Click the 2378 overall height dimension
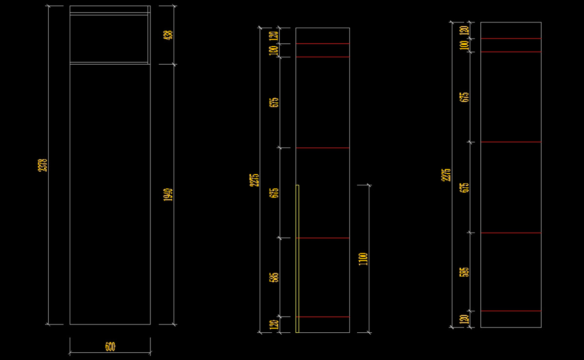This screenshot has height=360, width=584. click(43, 164)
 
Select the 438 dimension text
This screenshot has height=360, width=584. click(168, 35)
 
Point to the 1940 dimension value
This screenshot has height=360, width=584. click(168, 195)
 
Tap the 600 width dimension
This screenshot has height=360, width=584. click(110, 346)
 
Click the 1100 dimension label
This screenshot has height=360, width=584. click(363, 259)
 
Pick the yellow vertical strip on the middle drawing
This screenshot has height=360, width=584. click(297, 258)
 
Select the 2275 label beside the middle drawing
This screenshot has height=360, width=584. click(254, 180)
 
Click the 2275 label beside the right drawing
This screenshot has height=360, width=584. click(446, 175)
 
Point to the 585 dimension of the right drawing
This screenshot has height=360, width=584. click(464, 272)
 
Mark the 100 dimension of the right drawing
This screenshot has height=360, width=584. click(464, 45)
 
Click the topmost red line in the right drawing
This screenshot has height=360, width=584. click(511, 38)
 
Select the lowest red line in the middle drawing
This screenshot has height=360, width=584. click(323, 317)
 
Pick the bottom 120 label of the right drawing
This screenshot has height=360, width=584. click(464, 319)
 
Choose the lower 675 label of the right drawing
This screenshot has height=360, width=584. click(464, 188)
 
